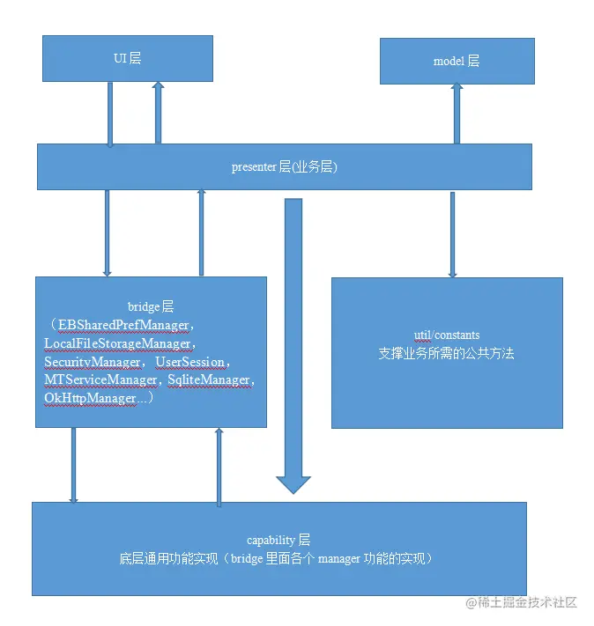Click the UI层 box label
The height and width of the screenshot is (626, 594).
[x=128, y=59]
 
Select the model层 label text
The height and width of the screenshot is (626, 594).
[x=456, y=61]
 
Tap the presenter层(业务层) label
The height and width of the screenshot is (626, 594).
[x=284, y=166]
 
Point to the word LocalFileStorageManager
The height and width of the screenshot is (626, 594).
[x=116, y=344]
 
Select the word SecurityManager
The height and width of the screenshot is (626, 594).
[x=93, y=362]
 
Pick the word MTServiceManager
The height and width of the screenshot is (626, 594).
[x=99, y=379]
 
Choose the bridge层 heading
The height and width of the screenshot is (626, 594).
[x=151, y=307]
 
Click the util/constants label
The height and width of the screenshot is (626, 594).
[x=446, y=335]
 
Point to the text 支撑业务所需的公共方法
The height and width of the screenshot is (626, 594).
[x=446, y=354]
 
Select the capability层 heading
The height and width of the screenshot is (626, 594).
[x=278, y=539]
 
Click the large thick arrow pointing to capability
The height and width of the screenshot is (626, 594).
[x=293, y=352]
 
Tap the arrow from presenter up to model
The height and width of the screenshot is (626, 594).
[x=457, y=114]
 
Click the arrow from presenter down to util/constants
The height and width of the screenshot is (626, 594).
[x=452, y=233]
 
